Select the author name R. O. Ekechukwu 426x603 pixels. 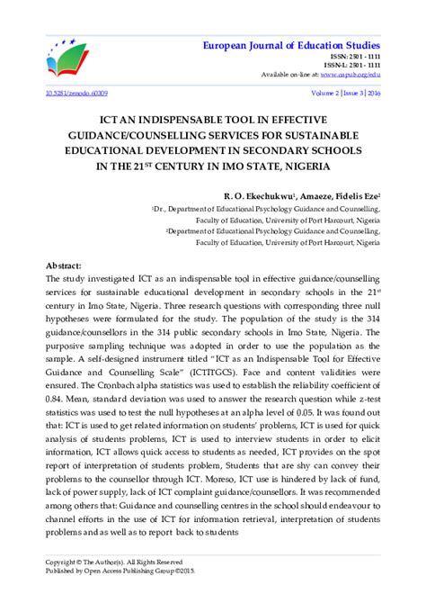point(261,194)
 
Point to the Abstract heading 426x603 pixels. point(64,267)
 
